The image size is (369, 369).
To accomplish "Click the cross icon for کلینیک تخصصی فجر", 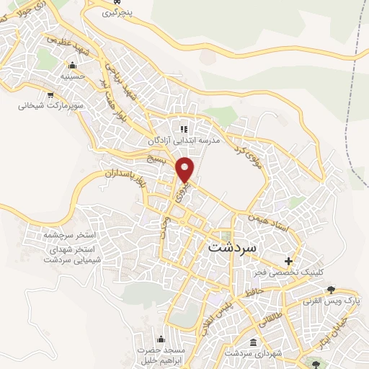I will pyautogui.click(x=289, y=261).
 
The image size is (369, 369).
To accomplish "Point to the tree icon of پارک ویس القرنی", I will pyautogui.click(x=331, y=290).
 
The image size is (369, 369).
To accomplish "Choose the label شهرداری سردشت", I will pyautogui.click(x=251, y=354).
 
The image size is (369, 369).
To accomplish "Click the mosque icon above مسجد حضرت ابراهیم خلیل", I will pyautogui.click(x=160, y=338).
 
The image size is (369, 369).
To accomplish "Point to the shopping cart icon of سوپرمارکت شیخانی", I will pyautogui.click(x=49, y=94).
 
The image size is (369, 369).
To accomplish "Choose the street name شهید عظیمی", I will pyautogui.click(x=65, y=43).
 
